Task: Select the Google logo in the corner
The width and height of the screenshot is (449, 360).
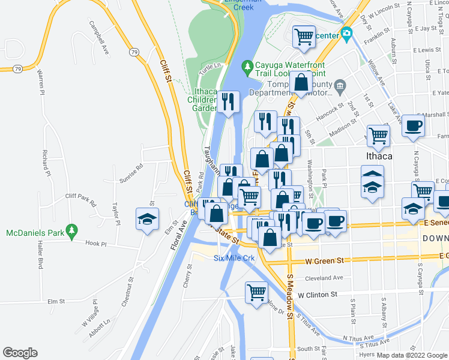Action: coord(20,353)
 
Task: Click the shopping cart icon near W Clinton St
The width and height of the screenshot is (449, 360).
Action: coord(256,293)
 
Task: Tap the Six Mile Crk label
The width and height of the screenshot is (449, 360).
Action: coord(235,258)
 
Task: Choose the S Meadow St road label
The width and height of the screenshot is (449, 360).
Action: coord(290,295)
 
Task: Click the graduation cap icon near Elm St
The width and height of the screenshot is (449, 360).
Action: coord(146,220)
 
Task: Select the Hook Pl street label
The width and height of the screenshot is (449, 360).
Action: coord(95,244)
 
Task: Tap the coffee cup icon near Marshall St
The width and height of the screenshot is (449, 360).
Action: coord(412,126)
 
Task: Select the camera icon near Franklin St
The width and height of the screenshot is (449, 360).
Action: coord(346,34)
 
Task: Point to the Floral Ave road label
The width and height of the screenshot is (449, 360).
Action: coord(178,239)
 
